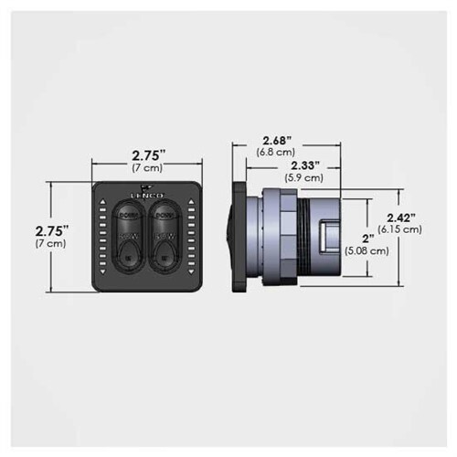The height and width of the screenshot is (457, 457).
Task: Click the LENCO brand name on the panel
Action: pyautogui.click(x=146, y=196)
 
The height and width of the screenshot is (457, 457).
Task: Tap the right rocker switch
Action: pyautogui.click(x=165, y=236)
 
